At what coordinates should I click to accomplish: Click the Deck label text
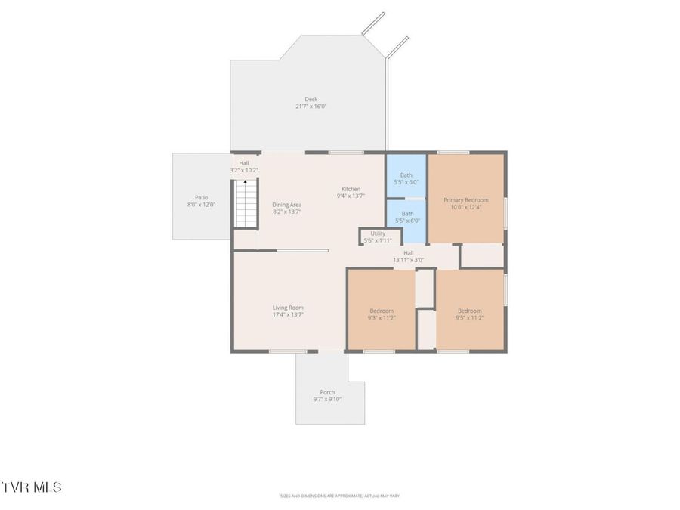click(311, 99)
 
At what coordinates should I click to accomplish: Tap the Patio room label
click(201, 197)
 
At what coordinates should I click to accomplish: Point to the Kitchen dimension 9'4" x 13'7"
click(351, 196)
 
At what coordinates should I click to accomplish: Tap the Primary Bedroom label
click(465, 200)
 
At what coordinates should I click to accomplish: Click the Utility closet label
click(378, 233)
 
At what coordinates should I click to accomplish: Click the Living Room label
click(288, 308)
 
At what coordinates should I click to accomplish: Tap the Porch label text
click(327, 392)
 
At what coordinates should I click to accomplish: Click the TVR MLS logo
click(32, 487)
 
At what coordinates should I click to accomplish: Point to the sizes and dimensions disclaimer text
click(339, 496)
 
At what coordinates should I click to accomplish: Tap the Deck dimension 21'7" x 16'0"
click(311, 107)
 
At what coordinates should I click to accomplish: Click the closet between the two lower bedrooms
click(426, 288)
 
